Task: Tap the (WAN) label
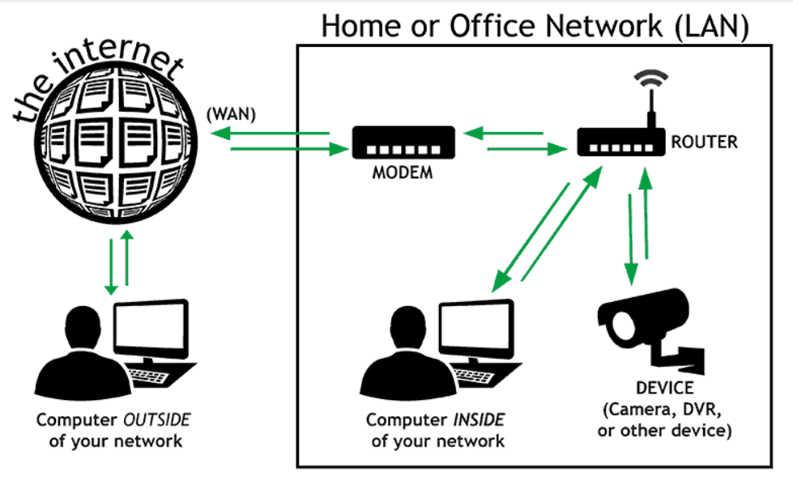(231, 115)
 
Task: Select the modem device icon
(403, 143)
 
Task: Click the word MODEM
(403, 173)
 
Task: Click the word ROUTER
(705, 142)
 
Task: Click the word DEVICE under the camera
(664, 389)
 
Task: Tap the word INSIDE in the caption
(477, 420)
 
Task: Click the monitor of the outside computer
(151, 328)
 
